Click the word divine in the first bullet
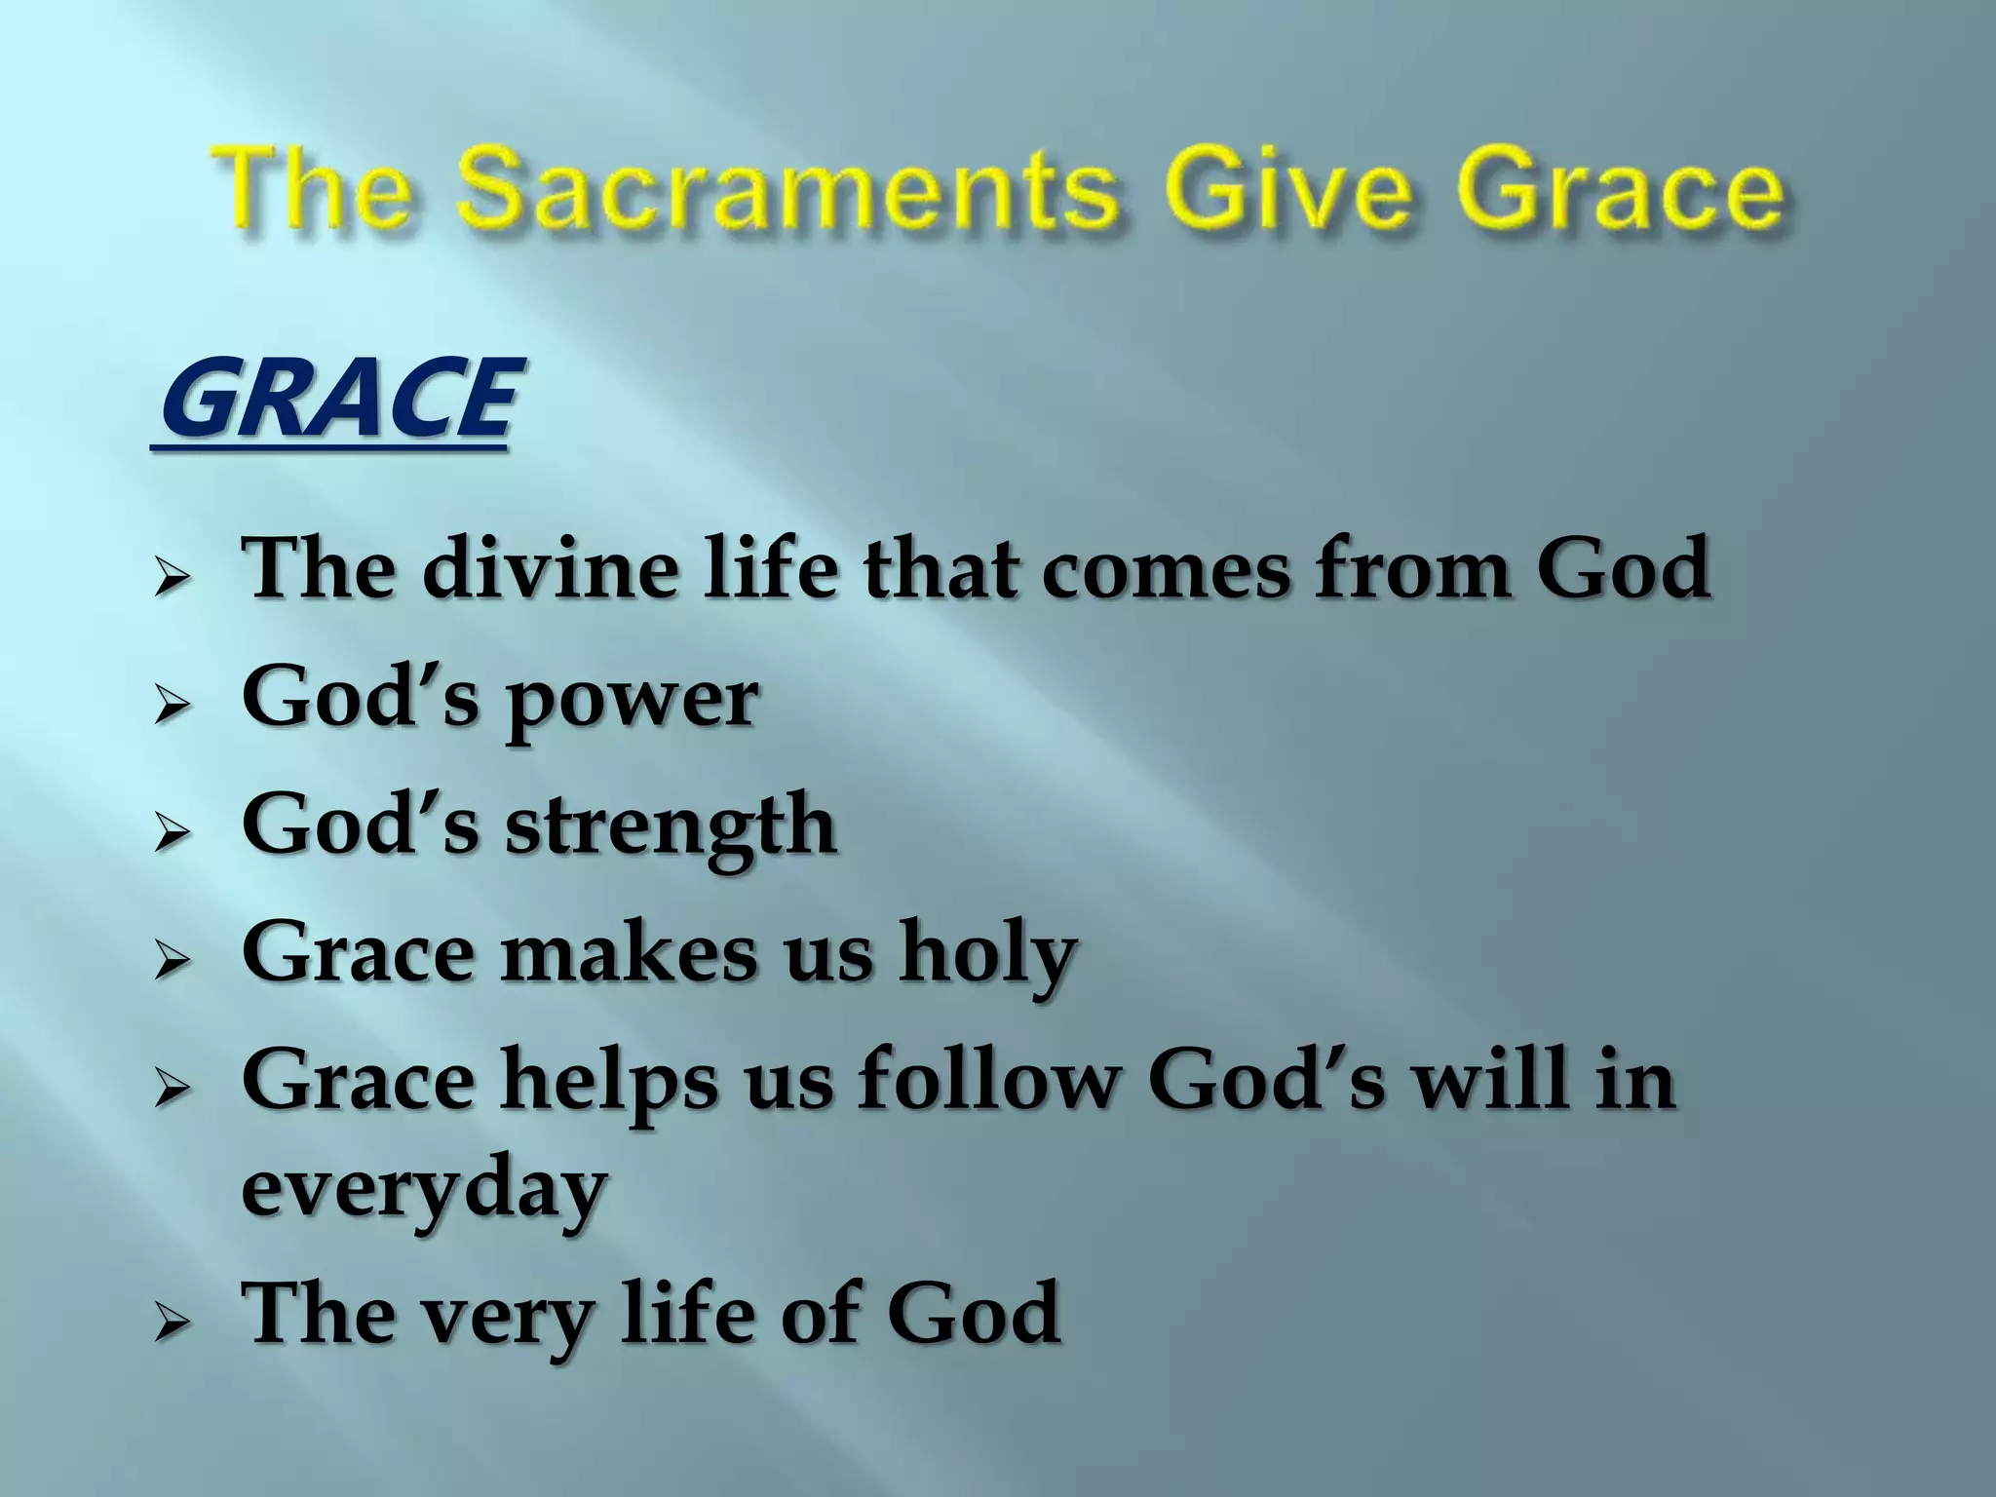549,568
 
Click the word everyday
424,1189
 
